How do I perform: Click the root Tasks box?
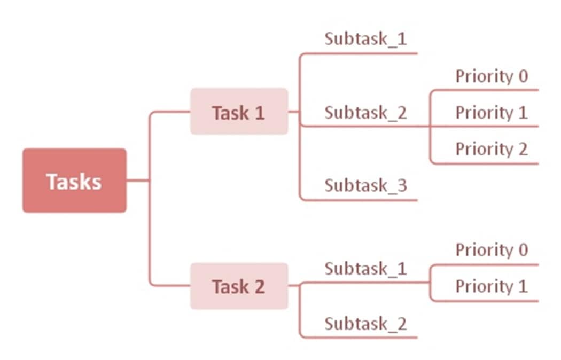click(x=74, y=181)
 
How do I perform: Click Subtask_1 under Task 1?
click(x=365, y=40)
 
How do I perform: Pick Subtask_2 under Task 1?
click(x=365, y=113)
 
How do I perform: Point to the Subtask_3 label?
click(x=365, y=186)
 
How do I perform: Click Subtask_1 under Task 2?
click(x=365, y=268)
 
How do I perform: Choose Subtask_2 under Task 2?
click(x=365, y=324)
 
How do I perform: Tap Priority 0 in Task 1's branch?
click(x=491, y=76)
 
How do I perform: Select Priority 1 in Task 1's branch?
click(x=491, y=113)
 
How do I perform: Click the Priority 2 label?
click(x=491, y=149)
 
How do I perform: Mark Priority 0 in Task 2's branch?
click(x=491, y=250)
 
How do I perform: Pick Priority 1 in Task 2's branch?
click(x=491, y=286)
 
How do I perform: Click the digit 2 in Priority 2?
click(x=522, y=149)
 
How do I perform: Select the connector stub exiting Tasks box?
click(x=137, y=181)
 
